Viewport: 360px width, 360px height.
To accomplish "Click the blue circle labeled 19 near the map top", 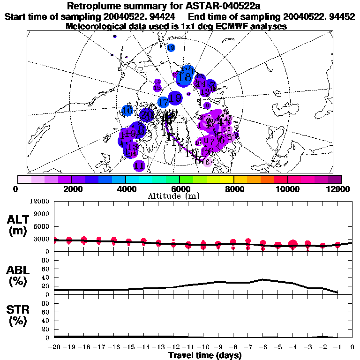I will point(171,48).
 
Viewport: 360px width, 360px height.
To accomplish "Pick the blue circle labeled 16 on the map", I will point(127,111).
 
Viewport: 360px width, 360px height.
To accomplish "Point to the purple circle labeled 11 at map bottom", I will point(139,165).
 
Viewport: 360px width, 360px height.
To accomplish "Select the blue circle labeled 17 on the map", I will point(163,102).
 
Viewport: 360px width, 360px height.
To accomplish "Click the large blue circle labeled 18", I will point(186,76).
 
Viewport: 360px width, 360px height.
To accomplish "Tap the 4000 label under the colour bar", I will point(126,189).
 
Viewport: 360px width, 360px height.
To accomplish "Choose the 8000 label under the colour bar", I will point(233,189).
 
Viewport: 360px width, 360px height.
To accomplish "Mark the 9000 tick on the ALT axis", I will point(43,214).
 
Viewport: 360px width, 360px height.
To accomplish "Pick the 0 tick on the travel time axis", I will point(352,347).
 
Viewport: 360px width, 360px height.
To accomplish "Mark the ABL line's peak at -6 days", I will point(263,279).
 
